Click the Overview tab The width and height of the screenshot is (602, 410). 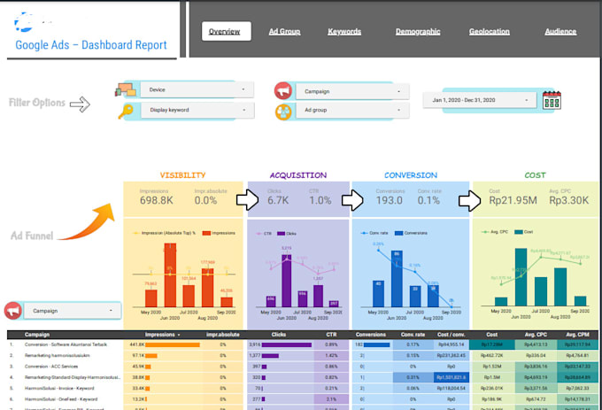point(224,32)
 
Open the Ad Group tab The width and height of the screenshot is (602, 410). point(284,32)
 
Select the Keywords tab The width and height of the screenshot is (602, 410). point(344,32)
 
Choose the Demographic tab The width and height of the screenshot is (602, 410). point(418,32)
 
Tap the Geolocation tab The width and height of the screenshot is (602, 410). point(489,32)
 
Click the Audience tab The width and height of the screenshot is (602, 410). point(560,32)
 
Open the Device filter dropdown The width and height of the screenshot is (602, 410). point(196,89)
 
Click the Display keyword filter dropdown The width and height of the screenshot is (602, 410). point(196,111)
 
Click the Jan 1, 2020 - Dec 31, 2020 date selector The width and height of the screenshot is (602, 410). point(479,100)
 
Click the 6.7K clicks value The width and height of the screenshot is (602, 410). point(277,201)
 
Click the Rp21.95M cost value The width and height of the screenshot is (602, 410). point(513,201)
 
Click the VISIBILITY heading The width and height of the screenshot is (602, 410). point(182,175)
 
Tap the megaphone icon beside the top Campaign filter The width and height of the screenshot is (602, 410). point(283,90)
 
